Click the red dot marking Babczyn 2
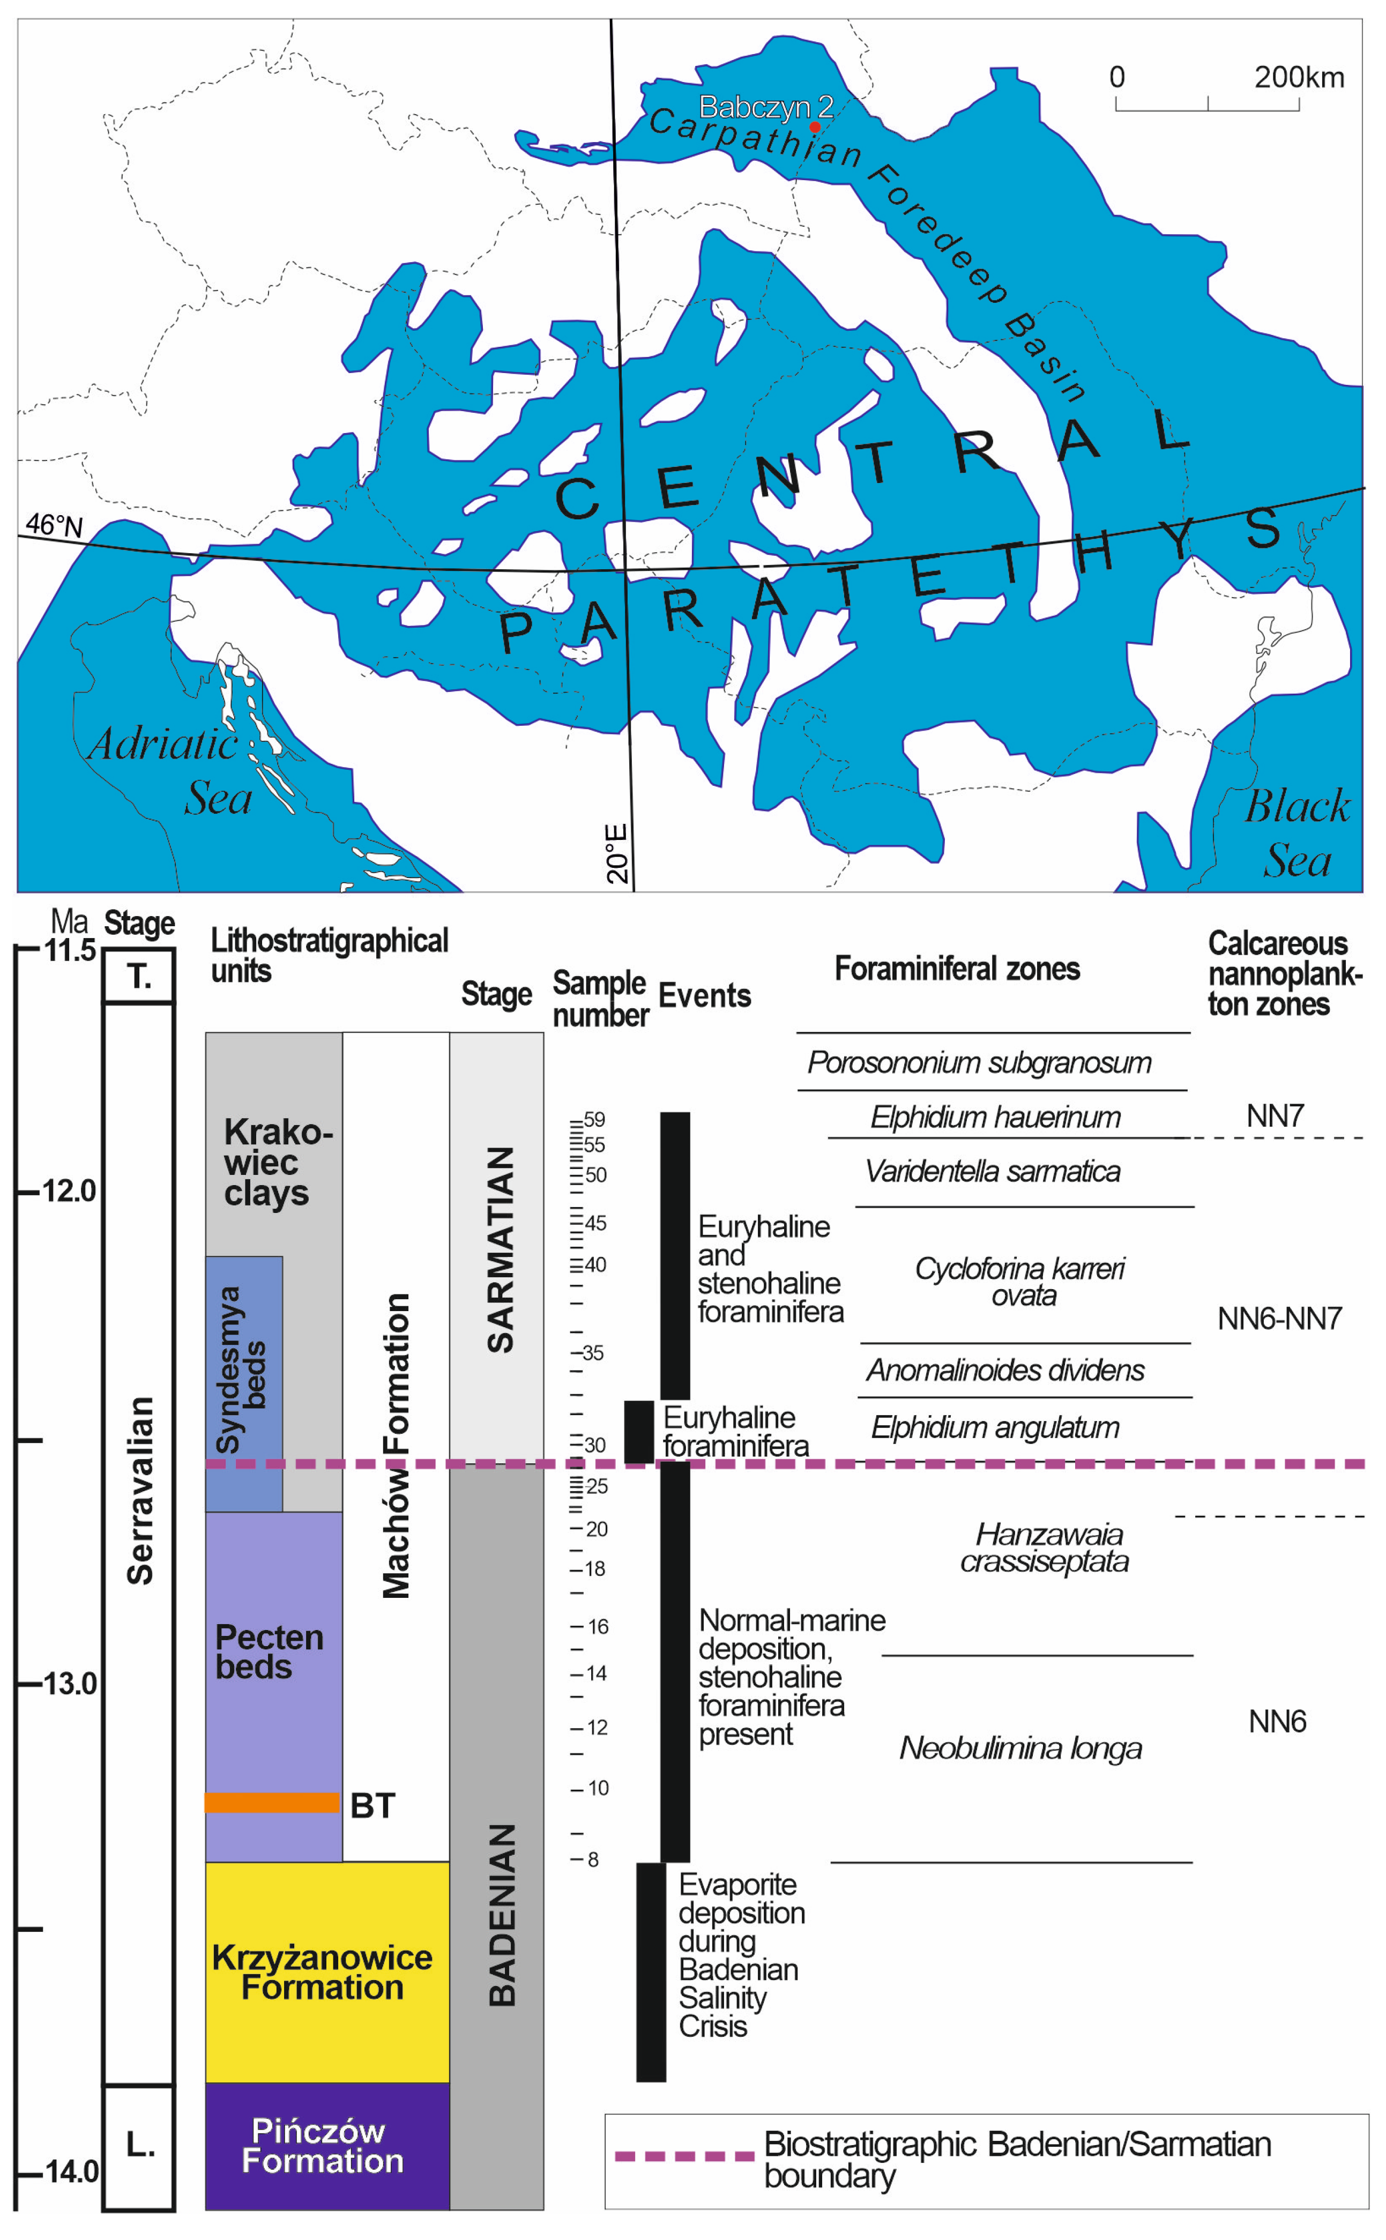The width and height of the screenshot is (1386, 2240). click(x=814, y=126)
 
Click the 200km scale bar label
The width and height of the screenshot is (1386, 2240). click(x=1299, y=77)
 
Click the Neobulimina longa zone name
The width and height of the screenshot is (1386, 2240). click(x=1020, y=1748)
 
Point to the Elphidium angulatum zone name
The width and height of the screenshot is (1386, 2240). click(x=995, y=1427)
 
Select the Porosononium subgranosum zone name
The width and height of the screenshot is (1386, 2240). click(x=979, y=1062)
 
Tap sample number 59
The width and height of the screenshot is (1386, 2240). click(x=594, y=1119)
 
